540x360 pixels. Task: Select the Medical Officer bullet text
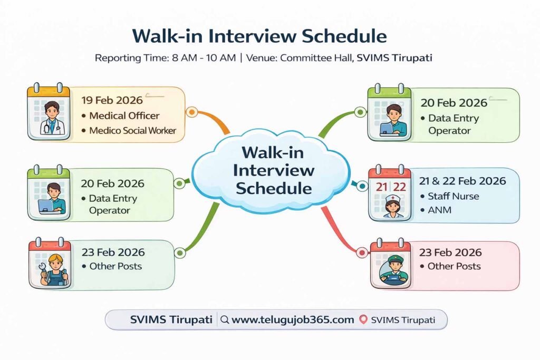click(x=124, y=115)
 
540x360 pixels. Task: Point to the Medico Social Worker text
click(x=132, y=130)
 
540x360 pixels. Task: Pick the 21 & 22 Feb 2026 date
click(x=462, y=181)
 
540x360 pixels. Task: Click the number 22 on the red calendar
click(x=399, y=187)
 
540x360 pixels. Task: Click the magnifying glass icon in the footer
click(x=225, y=319)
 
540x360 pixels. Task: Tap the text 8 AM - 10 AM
click(x=204, y=58)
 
